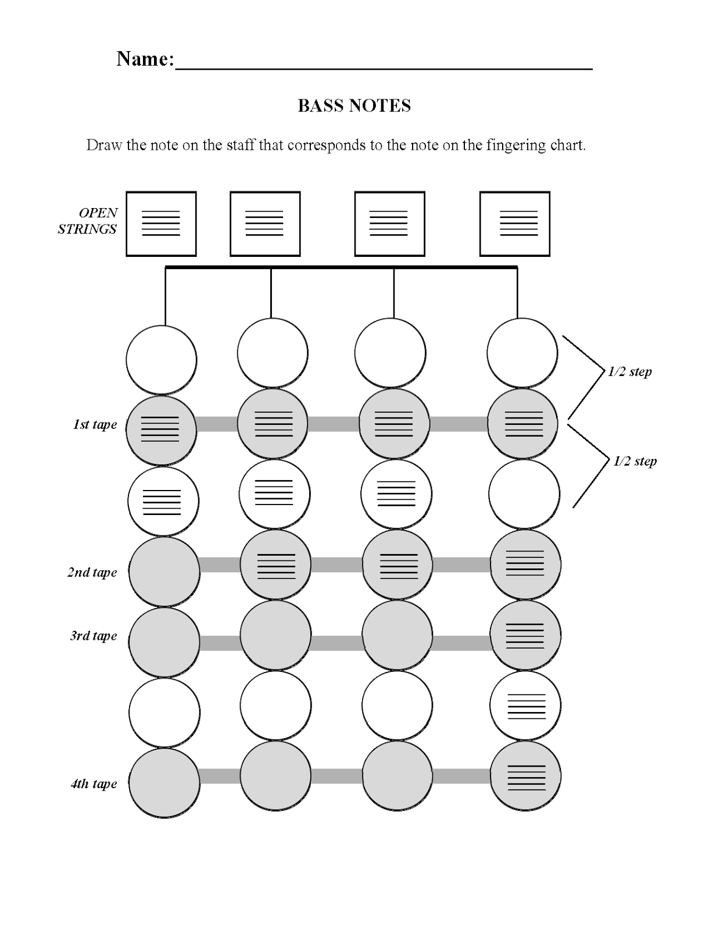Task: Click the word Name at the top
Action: pos(144,59)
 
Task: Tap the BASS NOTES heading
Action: pos(354,106)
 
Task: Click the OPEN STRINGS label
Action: pos(88,221)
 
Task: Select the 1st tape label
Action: pos(95,425)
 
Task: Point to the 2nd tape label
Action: pos(92,573)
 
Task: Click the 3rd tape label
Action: pos(94,636)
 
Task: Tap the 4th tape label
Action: pos(94,784)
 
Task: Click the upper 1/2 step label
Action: pos(629,372)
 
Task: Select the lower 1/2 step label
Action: pos(635,462)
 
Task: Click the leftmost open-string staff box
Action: pos(161,224)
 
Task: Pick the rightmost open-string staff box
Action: pos(514,224)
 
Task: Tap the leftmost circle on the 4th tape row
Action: pos(164,783)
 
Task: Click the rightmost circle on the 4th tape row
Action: pos(525,776)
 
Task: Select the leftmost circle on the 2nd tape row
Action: pos(164,571)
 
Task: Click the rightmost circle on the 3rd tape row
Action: pos(525,635)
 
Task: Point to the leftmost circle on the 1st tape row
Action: pos(161,431)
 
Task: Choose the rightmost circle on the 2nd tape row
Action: pos(525,564)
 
